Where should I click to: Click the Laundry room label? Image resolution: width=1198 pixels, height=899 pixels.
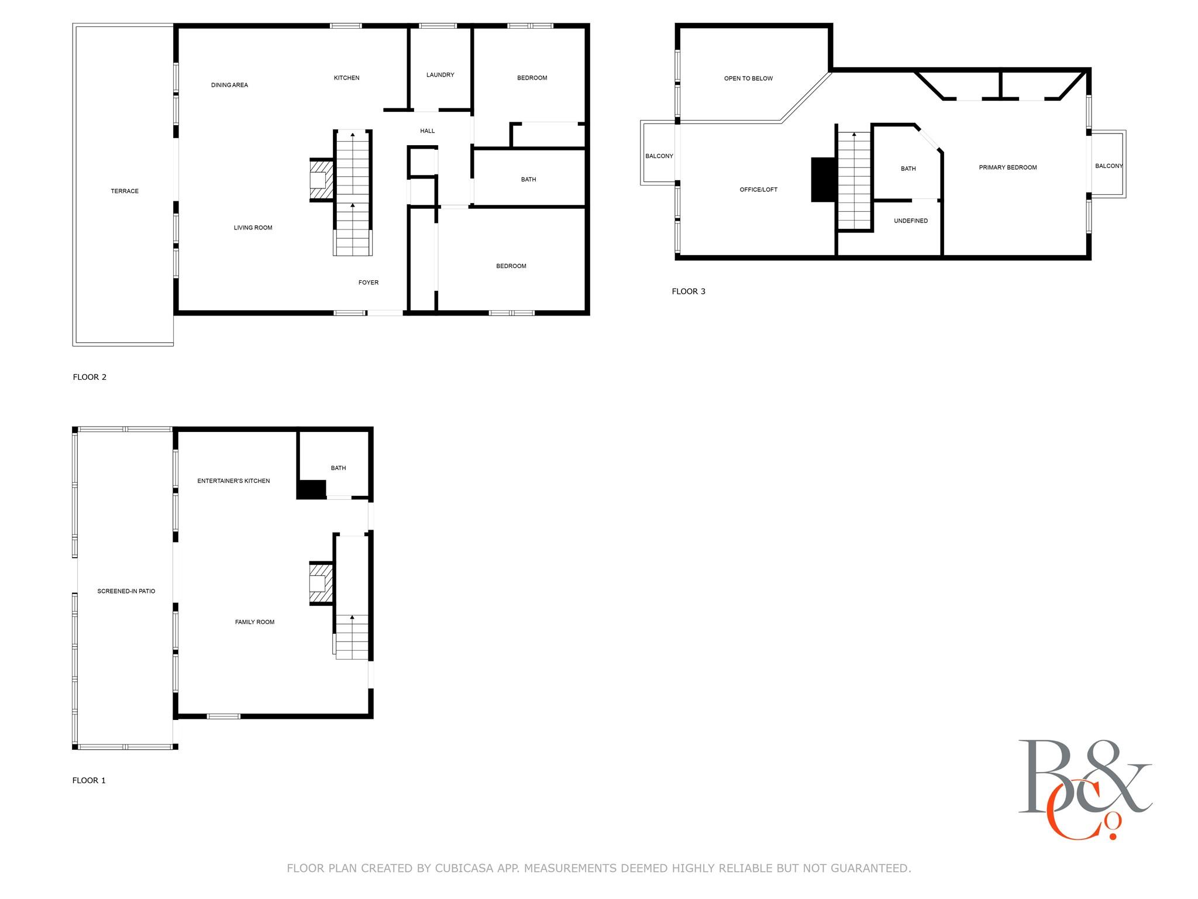440,75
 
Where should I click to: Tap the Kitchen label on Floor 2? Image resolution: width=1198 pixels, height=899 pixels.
346,78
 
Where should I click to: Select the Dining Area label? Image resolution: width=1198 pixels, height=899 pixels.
229,85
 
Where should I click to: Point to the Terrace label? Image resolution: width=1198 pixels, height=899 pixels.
125,191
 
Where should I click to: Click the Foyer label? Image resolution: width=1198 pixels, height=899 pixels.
368,283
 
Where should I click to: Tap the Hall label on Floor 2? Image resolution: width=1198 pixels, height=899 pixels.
427,131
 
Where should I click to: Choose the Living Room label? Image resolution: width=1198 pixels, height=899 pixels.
253,228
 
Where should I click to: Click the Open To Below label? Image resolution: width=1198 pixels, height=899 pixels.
748,78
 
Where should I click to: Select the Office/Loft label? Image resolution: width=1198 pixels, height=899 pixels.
758,190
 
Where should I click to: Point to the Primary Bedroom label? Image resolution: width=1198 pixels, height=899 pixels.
1007,167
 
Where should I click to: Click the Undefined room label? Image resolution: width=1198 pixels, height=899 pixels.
910,221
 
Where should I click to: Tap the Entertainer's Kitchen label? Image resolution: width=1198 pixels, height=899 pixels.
233,481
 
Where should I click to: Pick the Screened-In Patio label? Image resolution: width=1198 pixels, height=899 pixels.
126,591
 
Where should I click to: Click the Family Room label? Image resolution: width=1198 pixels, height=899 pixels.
254,622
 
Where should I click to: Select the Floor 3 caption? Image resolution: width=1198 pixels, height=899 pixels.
688,291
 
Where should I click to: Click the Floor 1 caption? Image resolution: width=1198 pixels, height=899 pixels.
89,780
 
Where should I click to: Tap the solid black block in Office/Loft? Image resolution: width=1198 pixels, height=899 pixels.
822,180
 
